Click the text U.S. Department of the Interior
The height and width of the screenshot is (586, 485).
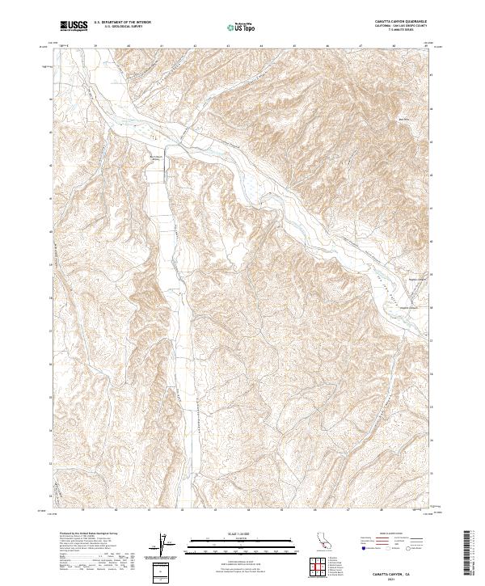122,23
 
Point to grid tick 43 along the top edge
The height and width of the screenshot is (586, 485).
229,46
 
